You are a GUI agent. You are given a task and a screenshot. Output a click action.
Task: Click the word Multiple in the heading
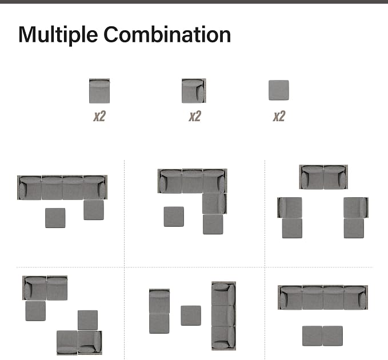point(58,35)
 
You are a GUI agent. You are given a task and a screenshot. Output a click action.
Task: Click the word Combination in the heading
point(167,34)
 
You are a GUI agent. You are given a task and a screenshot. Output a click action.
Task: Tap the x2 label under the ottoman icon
point(279,116)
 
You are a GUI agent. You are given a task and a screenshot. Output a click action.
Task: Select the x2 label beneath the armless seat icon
point(99,116)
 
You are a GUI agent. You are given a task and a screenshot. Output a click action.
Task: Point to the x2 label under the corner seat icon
point(195,116)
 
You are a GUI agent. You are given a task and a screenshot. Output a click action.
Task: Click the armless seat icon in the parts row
point(99,91)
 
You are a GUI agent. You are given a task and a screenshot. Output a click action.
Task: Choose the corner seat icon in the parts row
point(194,91)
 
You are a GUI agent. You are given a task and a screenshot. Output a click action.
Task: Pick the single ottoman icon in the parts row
point(279,90)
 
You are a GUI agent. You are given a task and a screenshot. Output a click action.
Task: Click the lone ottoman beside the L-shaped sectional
point(174,217)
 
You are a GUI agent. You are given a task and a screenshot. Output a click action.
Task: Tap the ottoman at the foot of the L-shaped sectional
point(213,224)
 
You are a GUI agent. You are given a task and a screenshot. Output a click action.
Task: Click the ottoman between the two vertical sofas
point(191,315)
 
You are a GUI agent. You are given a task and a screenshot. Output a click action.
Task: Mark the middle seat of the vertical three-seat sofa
point(223,315)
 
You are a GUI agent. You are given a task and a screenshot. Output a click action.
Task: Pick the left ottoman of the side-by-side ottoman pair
point(312,336)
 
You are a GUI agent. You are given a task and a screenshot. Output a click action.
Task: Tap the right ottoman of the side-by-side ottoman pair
point(333,336)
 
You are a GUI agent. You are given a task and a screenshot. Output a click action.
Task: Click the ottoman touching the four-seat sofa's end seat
point(94,210)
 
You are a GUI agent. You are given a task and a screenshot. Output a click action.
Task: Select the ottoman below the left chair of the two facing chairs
point(292,228)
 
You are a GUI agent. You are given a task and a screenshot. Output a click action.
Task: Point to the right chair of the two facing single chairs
point(356,207)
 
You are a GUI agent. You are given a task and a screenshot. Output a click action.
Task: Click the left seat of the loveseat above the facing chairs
point(311,177)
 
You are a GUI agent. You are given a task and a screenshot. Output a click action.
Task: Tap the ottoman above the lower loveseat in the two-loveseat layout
point(87,320)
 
